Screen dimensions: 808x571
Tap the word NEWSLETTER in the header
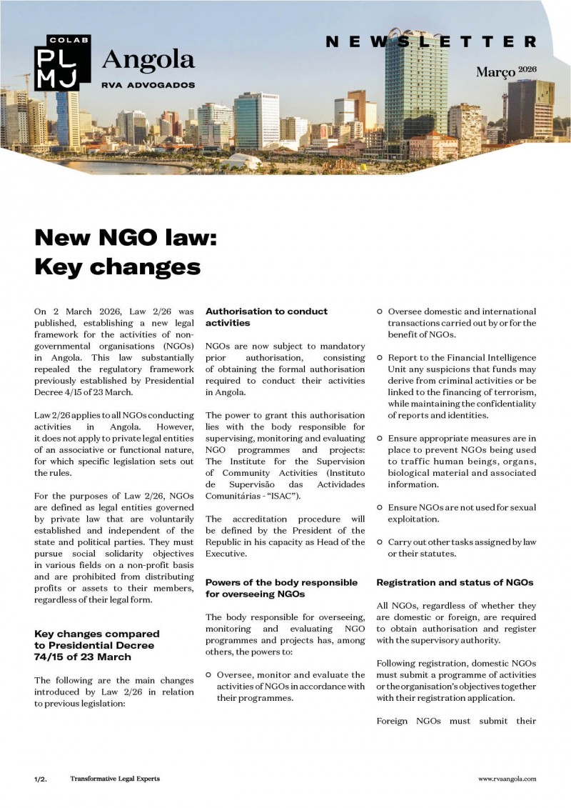[430, 42]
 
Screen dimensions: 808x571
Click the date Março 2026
[505, 71]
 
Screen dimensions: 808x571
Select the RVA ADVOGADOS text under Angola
[148, 84]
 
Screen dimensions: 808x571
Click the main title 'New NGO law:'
[125, 237]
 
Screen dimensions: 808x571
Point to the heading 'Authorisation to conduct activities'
[266, 317]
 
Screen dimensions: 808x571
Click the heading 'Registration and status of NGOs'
[455, 582]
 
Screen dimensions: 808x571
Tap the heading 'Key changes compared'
[96, 634]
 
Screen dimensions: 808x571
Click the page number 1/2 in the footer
[40, 779]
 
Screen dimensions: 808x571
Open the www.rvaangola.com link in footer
[507, 779]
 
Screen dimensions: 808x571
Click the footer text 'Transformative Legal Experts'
[115, 779]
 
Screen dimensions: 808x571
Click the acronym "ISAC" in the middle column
[281, 497]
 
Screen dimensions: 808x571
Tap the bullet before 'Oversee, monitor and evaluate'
[208, 675]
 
